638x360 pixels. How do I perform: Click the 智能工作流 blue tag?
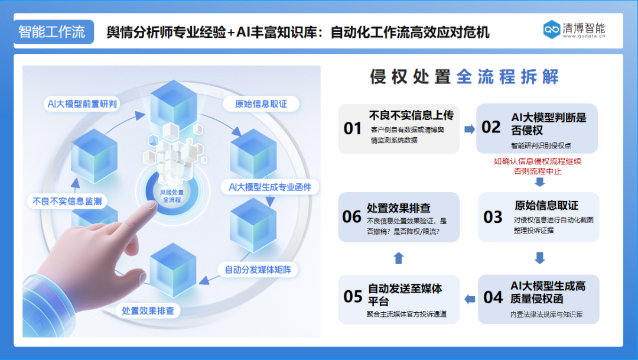(52, 32)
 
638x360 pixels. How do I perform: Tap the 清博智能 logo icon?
(552, 30)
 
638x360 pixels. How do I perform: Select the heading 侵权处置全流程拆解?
(464, 77)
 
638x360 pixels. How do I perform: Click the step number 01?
(353, 128)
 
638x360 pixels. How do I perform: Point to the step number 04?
(493, 297)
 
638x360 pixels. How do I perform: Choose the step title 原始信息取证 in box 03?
(546, 206)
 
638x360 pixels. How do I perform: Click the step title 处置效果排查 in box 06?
(399, 208)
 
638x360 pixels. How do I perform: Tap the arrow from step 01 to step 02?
(469, 129)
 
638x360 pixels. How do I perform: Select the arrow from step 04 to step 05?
(470, 299)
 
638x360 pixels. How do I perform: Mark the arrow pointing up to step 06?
(399, 258)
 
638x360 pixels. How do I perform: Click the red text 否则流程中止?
(538, 171)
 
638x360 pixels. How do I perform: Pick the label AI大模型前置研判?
(82, 104)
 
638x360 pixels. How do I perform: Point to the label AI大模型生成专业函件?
(274, 187)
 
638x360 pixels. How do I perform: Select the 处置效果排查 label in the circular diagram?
(148, 310)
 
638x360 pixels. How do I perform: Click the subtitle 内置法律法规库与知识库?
(546, 314)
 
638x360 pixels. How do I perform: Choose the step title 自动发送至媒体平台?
(405, 294)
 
